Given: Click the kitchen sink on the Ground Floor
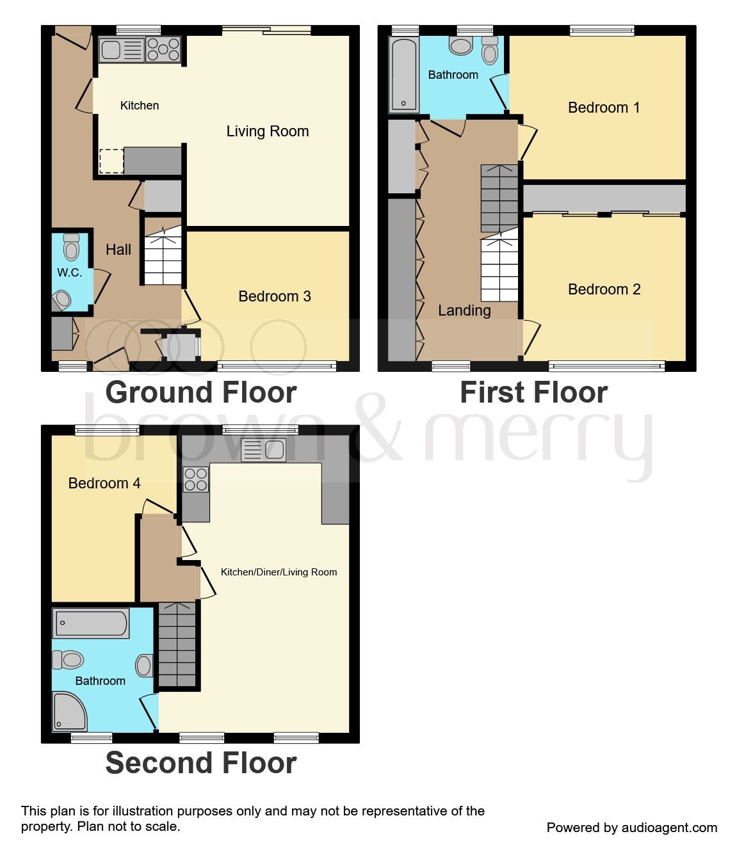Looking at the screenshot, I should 122,50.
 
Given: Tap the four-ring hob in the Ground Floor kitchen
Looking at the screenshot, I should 163,50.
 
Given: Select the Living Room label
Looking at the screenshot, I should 268,131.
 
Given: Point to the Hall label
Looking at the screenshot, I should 118,250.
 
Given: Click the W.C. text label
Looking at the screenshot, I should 69,273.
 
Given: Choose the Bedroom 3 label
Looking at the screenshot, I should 274,296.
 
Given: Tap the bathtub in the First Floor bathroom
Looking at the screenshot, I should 403,75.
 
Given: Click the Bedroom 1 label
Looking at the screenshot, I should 603,108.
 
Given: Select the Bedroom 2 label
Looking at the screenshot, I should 604,289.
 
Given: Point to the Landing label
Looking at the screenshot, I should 464,310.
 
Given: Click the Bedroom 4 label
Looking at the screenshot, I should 104,483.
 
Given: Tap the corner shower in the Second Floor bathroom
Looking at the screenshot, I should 69,712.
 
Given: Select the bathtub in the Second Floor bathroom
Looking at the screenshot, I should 91,623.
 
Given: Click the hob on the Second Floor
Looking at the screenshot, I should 196,479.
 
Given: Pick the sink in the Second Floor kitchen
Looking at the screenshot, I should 263,450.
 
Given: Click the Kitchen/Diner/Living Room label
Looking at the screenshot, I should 279,572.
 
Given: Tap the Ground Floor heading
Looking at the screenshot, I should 201,392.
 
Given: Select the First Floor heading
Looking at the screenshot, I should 533,392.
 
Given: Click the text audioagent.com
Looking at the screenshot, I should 670,828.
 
